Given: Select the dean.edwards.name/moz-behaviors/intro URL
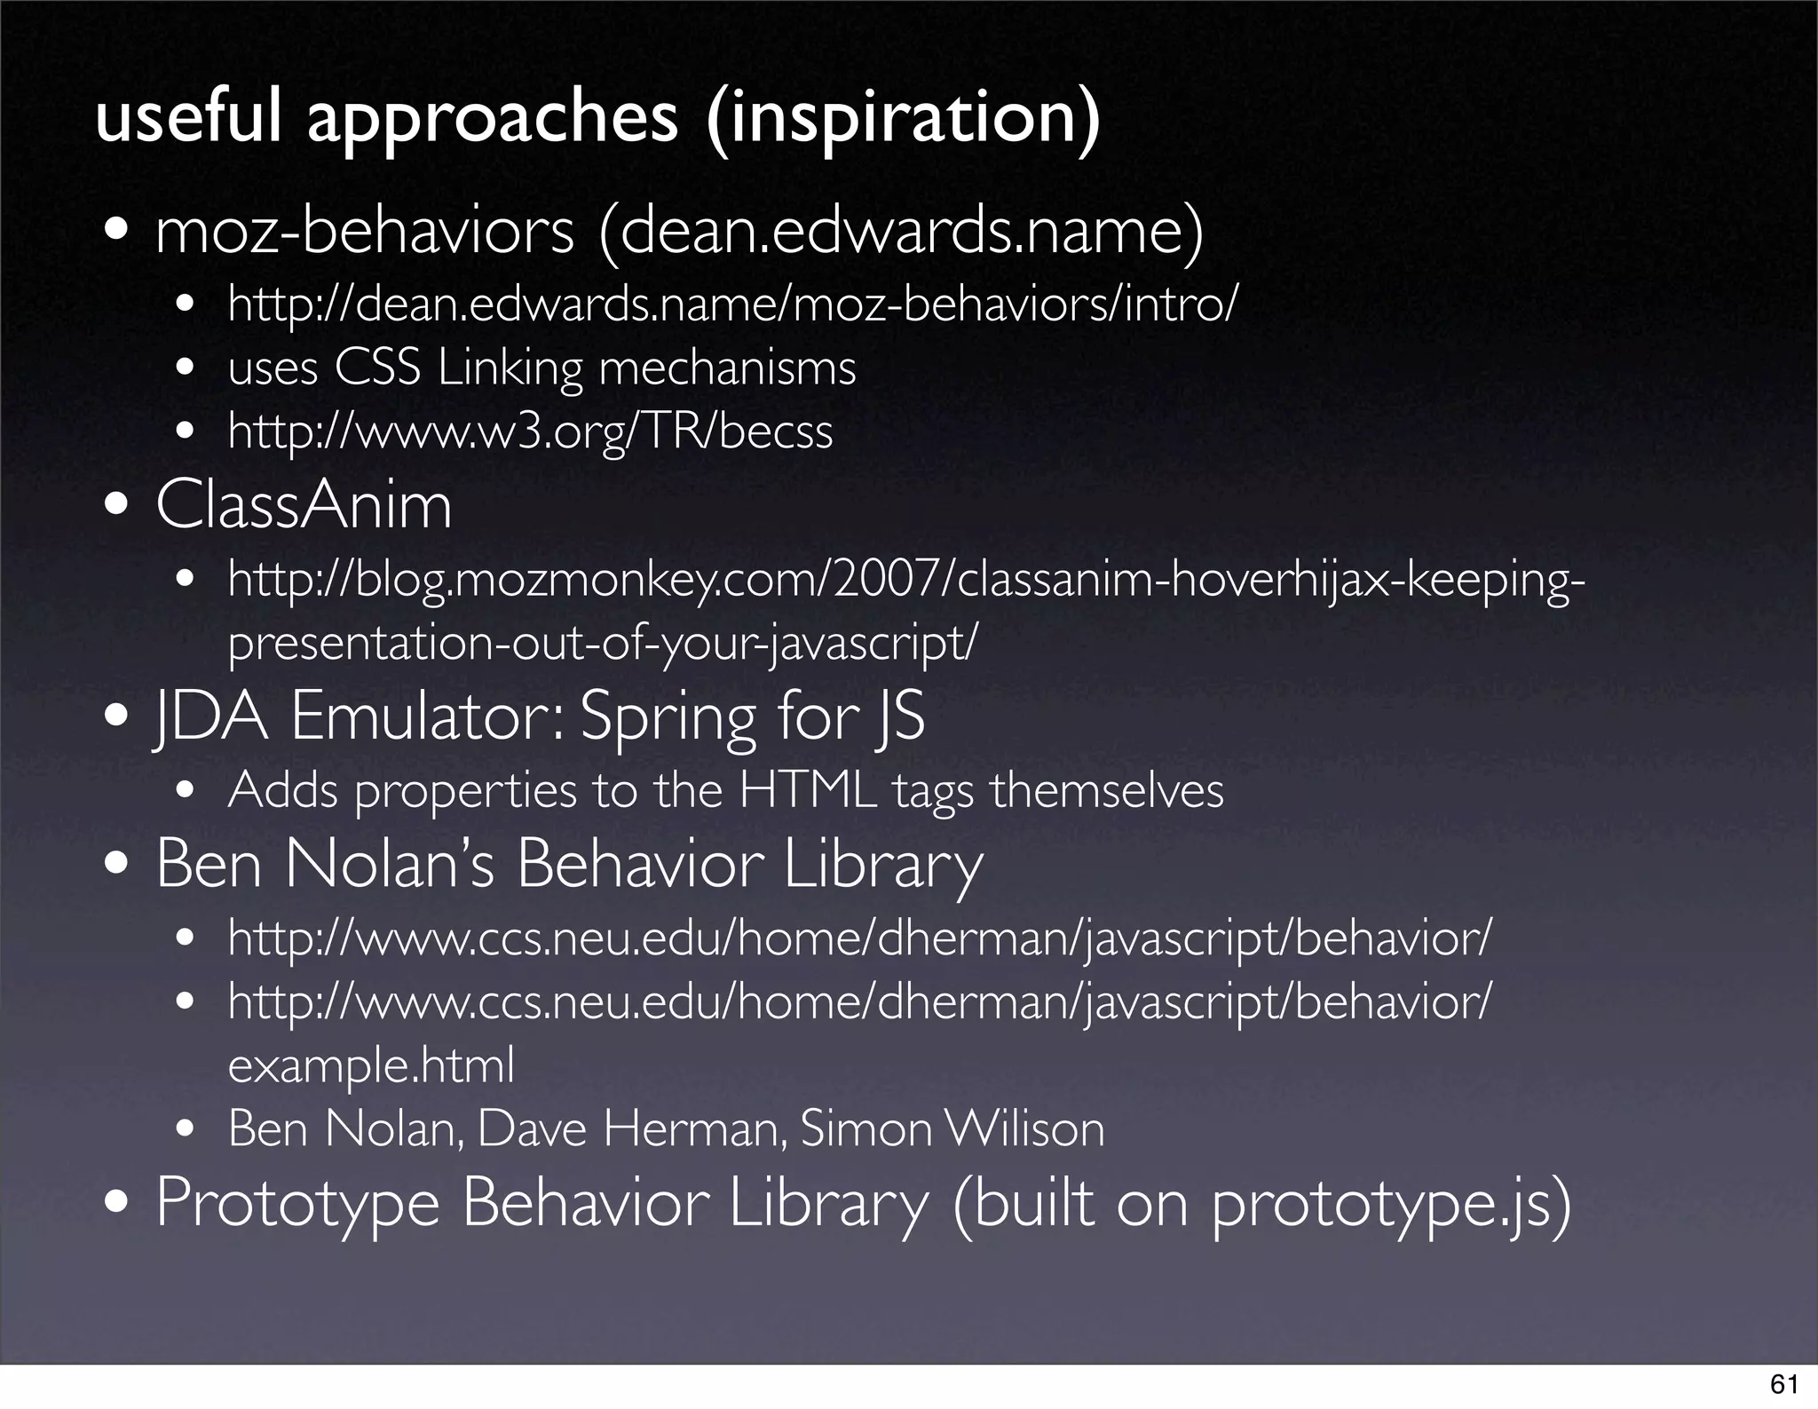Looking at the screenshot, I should pos(731,305).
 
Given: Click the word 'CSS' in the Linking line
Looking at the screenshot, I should pos(376,368).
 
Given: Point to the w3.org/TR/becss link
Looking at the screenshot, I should pos(530,431).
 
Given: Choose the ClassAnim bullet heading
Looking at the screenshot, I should pos(304,506).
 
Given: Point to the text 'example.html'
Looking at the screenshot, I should pos(371,1065).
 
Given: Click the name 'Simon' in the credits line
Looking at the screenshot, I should pos(865,1129).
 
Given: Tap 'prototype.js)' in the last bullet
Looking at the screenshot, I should pos(1390,1203).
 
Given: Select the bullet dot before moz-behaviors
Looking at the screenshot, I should pos(117,234).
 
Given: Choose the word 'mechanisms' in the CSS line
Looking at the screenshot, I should pos(727,368).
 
